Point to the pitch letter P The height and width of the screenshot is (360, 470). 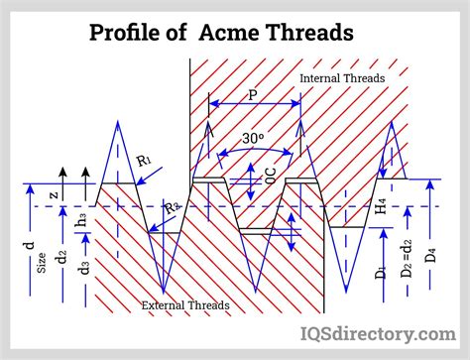tap(253, 95)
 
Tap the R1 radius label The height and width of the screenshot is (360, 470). tap(144, 159)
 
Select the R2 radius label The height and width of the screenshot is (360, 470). tap(172, 208)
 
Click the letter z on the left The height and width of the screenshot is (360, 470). tap(53, 196)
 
